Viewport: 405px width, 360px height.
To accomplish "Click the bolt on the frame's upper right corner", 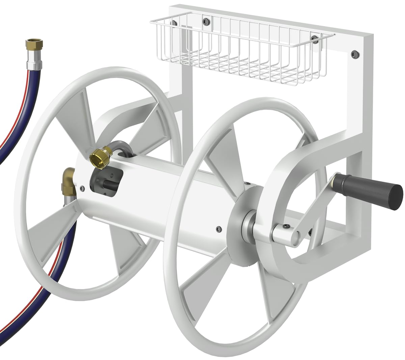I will (x=354, y=53).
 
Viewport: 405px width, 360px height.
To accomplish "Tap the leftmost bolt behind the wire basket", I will (x=174, y=23).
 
